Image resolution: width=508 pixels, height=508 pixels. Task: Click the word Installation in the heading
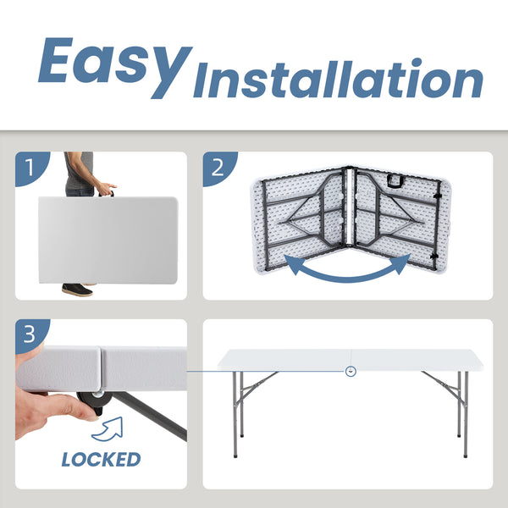(338, 79)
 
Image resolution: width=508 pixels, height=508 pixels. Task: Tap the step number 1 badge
(32, 168)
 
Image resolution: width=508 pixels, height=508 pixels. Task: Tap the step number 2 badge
(219, 168)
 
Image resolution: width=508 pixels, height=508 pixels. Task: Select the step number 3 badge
(31, 335)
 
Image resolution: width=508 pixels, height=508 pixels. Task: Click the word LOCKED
(101, 460)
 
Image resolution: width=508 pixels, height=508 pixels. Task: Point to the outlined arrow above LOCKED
(108, 429)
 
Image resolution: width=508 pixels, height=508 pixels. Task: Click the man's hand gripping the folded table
(107, 189)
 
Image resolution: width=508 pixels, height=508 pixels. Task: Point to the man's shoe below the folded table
(77, 290)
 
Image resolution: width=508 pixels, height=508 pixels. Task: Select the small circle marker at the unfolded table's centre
(351, 371)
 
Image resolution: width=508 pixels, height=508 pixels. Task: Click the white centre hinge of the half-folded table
(350, 207)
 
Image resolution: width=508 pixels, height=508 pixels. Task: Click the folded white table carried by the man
(108, 240)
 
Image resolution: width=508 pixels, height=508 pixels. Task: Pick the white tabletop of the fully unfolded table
(351, 360)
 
